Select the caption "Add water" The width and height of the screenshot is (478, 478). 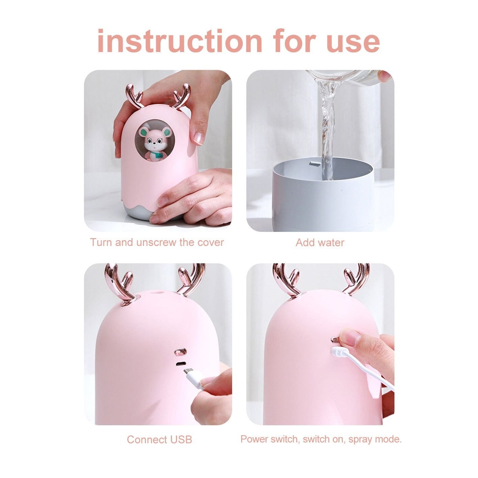pyautogui.click(x=320, y=242)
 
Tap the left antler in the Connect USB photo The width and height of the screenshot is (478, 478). pyautogui.click(x=119, y=285)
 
